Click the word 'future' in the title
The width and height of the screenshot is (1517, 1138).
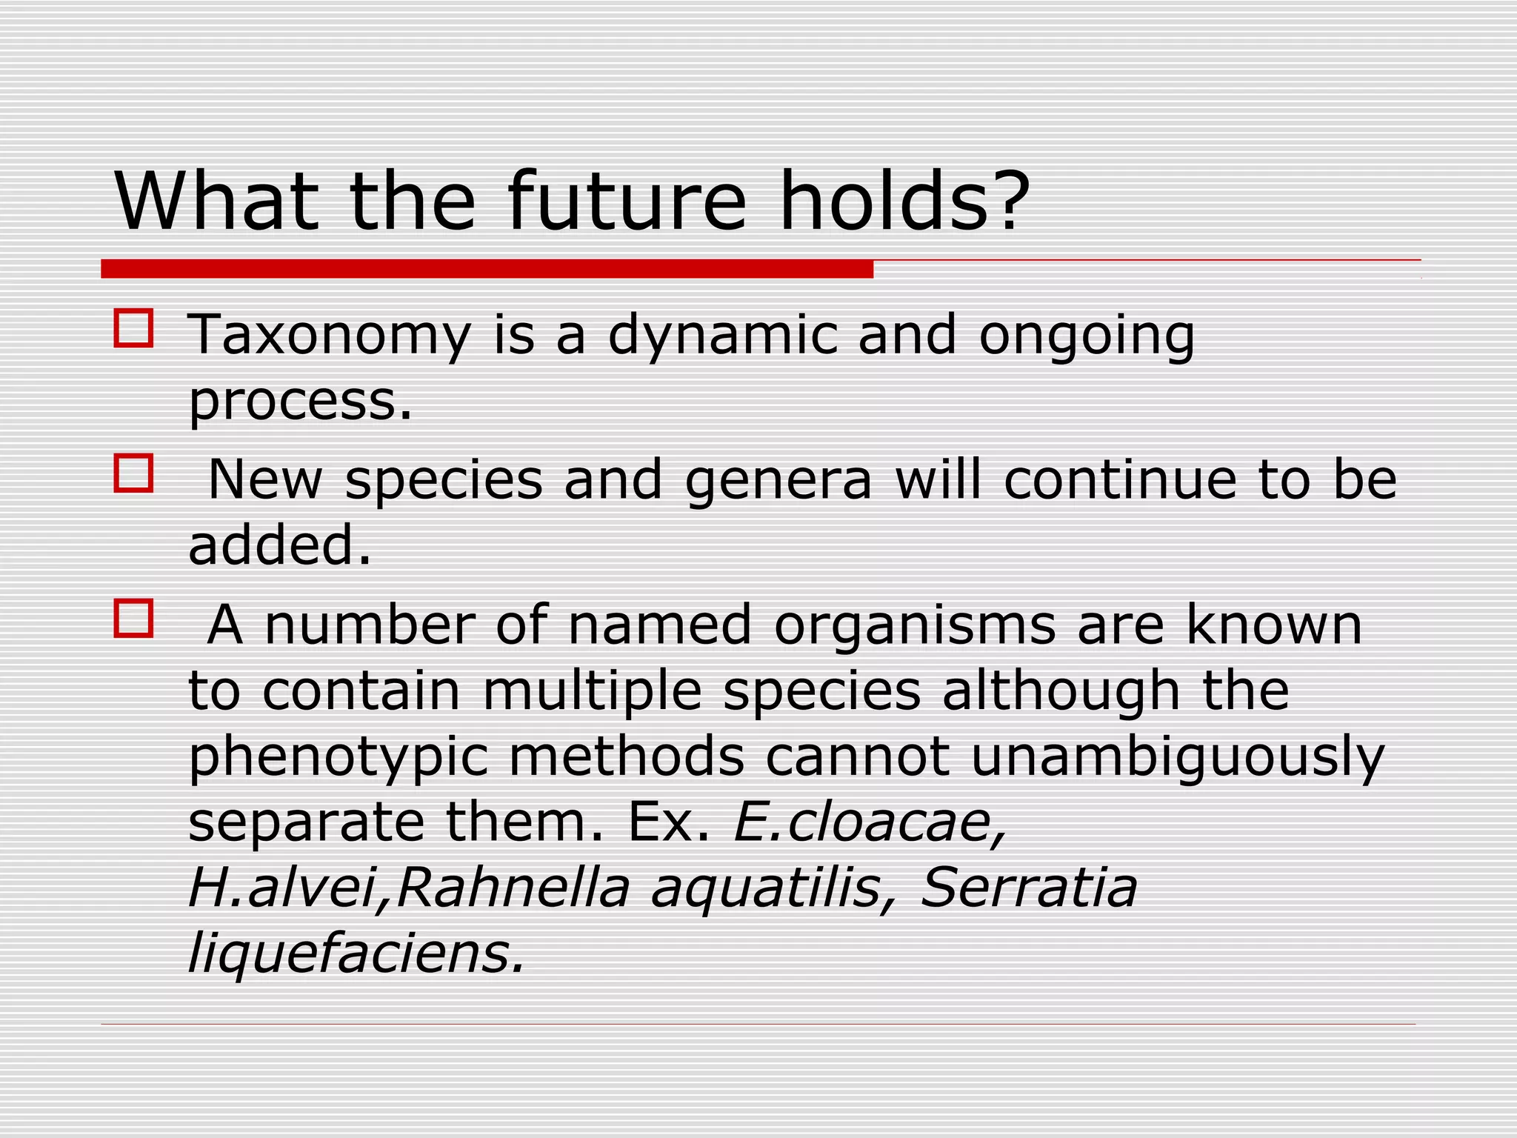[627, 202]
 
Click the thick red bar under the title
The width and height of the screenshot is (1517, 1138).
[487, 268]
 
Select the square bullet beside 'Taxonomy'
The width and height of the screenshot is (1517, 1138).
[134, 328]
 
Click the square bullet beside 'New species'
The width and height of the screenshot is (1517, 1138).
[134, 473]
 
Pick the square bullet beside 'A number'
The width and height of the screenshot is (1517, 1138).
[134, 618]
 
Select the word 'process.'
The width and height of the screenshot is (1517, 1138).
[300, 402]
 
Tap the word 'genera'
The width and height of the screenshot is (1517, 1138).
[778, 480]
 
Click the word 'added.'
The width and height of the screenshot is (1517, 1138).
[280, 545]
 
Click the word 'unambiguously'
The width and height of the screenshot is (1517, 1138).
[1177, 757]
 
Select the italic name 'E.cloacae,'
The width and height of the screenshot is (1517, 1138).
[870, 822]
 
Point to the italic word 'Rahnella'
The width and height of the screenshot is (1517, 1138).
[513, 887]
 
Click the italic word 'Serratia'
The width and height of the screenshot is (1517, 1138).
[1028, 887]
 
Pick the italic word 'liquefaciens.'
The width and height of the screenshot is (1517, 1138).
[356, 953]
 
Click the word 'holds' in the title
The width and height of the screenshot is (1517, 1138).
[884, 202]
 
